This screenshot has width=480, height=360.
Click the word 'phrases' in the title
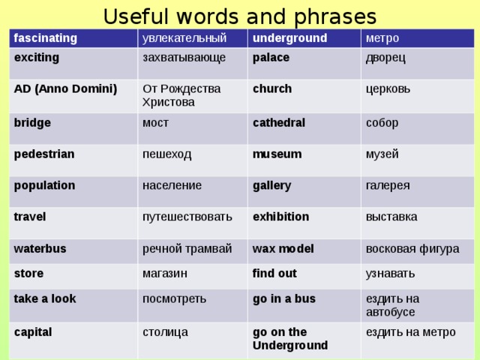(335, 17)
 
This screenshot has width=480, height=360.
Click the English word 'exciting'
(37, 58)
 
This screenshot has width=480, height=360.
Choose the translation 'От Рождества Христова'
(181, 95)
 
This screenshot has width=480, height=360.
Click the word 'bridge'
(32, 123)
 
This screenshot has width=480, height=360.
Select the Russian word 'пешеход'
(166, 154)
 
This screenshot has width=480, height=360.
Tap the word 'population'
(44, 186)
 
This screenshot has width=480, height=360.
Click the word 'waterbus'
(40, 248)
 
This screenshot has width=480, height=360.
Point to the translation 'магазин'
(165, 273)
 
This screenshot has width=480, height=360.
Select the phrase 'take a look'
(45, 298)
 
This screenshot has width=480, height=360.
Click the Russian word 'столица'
(165, 332)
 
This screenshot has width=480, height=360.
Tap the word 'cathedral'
(279, 123)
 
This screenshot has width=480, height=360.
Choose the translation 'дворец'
(385, 58)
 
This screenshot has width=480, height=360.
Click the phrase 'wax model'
(283, 248)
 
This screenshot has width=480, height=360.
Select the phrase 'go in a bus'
(284, 299)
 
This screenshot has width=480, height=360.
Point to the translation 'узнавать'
(390, 274)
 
